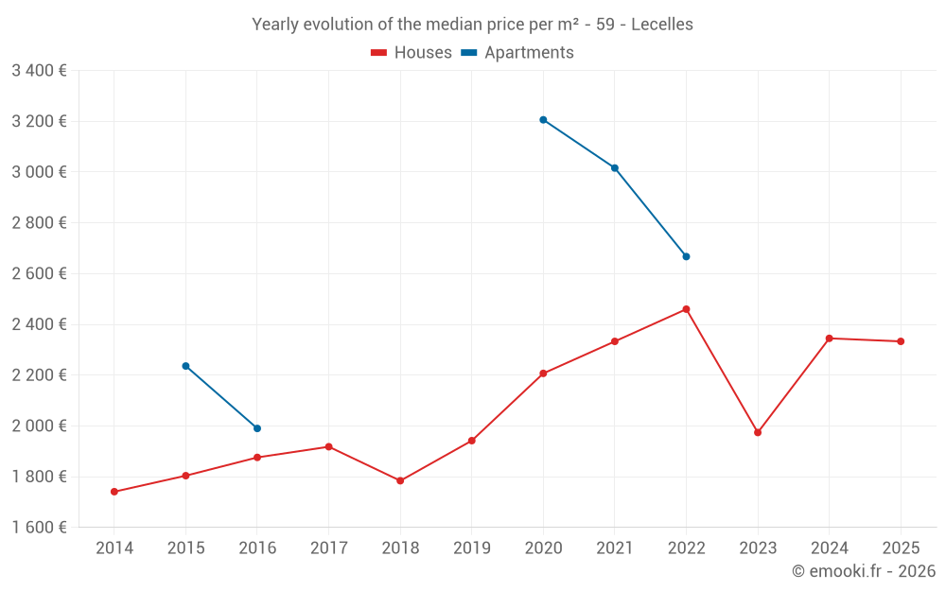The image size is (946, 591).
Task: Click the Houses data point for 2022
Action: (686, 309)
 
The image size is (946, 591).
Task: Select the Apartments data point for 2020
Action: (543, 120)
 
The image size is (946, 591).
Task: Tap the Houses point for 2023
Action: (758, 432)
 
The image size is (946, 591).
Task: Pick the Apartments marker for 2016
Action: (257, 428)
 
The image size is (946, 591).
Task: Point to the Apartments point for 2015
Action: (185, 366)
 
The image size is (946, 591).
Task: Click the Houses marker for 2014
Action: (114, 492)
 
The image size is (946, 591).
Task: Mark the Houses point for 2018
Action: (400, 480)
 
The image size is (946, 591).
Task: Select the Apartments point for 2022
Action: (686, 256)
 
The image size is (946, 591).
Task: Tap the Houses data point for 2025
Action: (901, 341)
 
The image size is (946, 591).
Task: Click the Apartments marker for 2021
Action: (615, 168)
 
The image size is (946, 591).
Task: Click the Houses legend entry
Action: (412, 53)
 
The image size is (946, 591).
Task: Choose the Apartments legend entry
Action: (517, 53)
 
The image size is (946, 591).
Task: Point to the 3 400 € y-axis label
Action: (39, 71)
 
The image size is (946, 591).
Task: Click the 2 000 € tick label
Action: (39, 426)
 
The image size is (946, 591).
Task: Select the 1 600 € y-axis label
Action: (39, 528)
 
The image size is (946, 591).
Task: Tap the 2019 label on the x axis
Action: (472, 548)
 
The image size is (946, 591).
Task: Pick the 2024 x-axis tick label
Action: (829, 548)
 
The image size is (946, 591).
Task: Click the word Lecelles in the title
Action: (661, 25)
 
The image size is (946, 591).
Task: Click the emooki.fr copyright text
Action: (863, 571)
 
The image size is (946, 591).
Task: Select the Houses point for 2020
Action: (543, 374)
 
